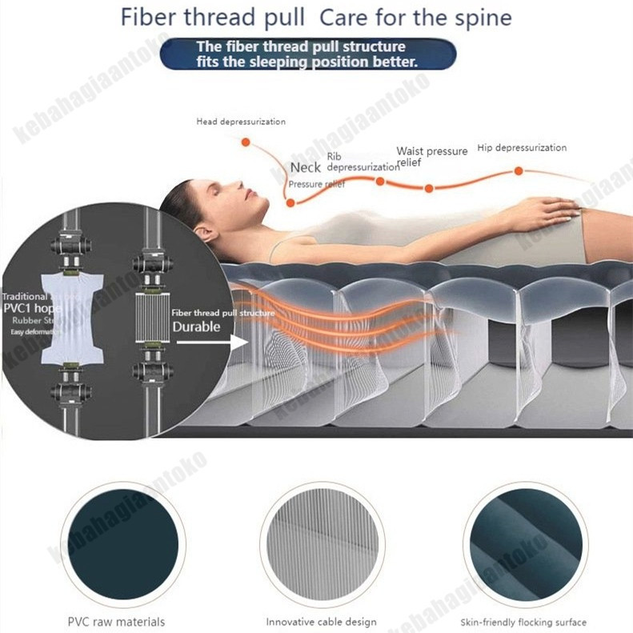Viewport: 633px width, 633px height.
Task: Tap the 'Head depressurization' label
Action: tap(241, 122)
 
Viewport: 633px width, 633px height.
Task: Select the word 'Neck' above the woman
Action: tap(305, 167)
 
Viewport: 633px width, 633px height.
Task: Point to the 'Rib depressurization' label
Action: tap(363, 162)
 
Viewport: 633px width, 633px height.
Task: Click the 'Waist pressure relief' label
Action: tap(431, 156)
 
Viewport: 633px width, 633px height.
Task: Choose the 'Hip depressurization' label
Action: tap(521, 148)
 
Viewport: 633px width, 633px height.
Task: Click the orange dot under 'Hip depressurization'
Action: tap(519, 170)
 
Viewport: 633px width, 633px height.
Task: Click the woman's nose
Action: tap(243, 186)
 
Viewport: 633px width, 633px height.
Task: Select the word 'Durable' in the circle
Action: tap(196, 327)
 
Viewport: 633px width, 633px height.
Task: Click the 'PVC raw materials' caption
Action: tap(117, 622)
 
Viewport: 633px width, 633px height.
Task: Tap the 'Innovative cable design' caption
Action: tap(321, 622)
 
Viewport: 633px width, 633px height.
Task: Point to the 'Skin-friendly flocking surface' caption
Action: tap(523, 622)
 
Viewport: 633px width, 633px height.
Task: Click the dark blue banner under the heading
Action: tap(308, 54)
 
